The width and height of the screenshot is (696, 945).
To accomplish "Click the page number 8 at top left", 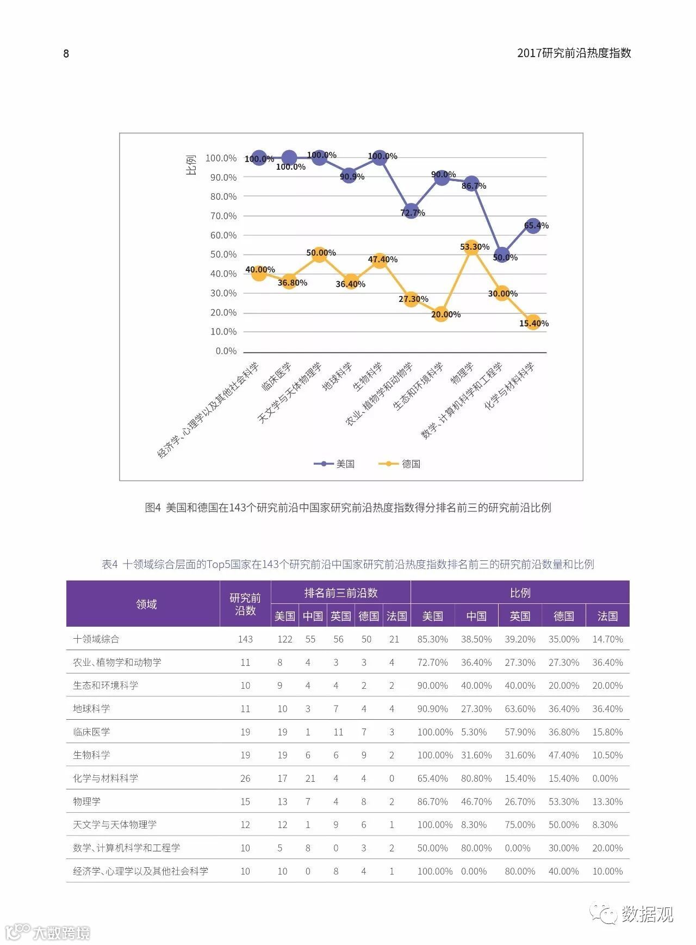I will pyautogui.click(x=66, y=53).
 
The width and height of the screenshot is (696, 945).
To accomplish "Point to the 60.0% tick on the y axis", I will pyautogui.click(x=223, y=235).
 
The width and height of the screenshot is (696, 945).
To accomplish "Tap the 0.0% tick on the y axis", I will pyautogui.click(x=226, y=351).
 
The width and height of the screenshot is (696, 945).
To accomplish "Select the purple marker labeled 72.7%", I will pyautogui.click(x=411, y=211).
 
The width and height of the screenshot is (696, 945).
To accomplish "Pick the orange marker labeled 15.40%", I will pyautogui.click(x=533, y=322).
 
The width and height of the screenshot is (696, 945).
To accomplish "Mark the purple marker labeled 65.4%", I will pyautogui.click(x=533, y=225).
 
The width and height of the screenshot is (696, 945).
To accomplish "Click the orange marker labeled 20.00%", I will pyautogui.click(x=440, y=313).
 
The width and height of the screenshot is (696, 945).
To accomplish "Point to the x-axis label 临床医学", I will pyautogui.click(x=277, y=376).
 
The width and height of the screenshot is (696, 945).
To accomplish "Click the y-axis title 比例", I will pyautogui.click(x=191, y=165).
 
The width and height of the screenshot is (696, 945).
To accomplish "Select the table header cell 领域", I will pyautogui.click(x=146, y=604).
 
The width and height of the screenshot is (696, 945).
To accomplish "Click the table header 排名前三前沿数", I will pyautogui.click(x=340, y=592).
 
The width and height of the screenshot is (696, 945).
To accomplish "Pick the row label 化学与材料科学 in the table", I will pyautogui.click(x=105, y=778).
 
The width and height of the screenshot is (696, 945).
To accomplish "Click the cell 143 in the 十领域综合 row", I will pyautogui.click(x=245, y=639).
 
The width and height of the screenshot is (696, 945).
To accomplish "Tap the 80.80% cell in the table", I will pyautogui.click(x=476, y=779).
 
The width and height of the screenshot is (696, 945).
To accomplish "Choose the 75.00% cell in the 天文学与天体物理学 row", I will pyautogui.click(x=519, y=825).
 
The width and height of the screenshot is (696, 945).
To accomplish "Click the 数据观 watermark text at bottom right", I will pyautogui.click(x=647, y=914).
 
